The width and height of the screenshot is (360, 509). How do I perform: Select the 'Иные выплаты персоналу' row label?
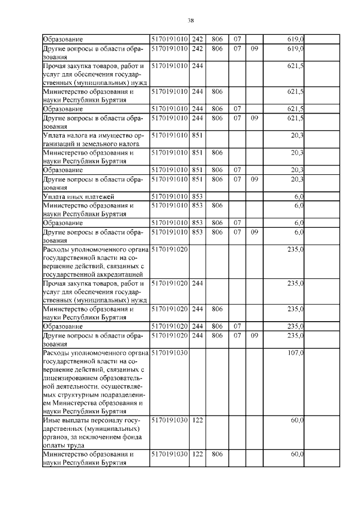click(x=92, y=420)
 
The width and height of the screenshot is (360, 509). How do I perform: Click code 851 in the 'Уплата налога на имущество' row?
click(x=197, y=135)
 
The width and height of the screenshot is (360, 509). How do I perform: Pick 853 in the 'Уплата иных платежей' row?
click(x=197, y=196)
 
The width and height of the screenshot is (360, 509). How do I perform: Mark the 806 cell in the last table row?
click(x=218, y=454)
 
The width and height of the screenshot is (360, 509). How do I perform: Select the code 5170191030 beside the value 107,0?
click(x=169, y=353)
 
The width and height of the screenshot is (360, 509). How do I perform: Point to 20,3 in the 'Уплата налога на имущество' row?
click(x=298, y=135)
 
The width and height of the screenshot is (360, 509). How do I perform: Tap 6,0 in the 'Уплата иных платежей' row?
click(x=299, y=196)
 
